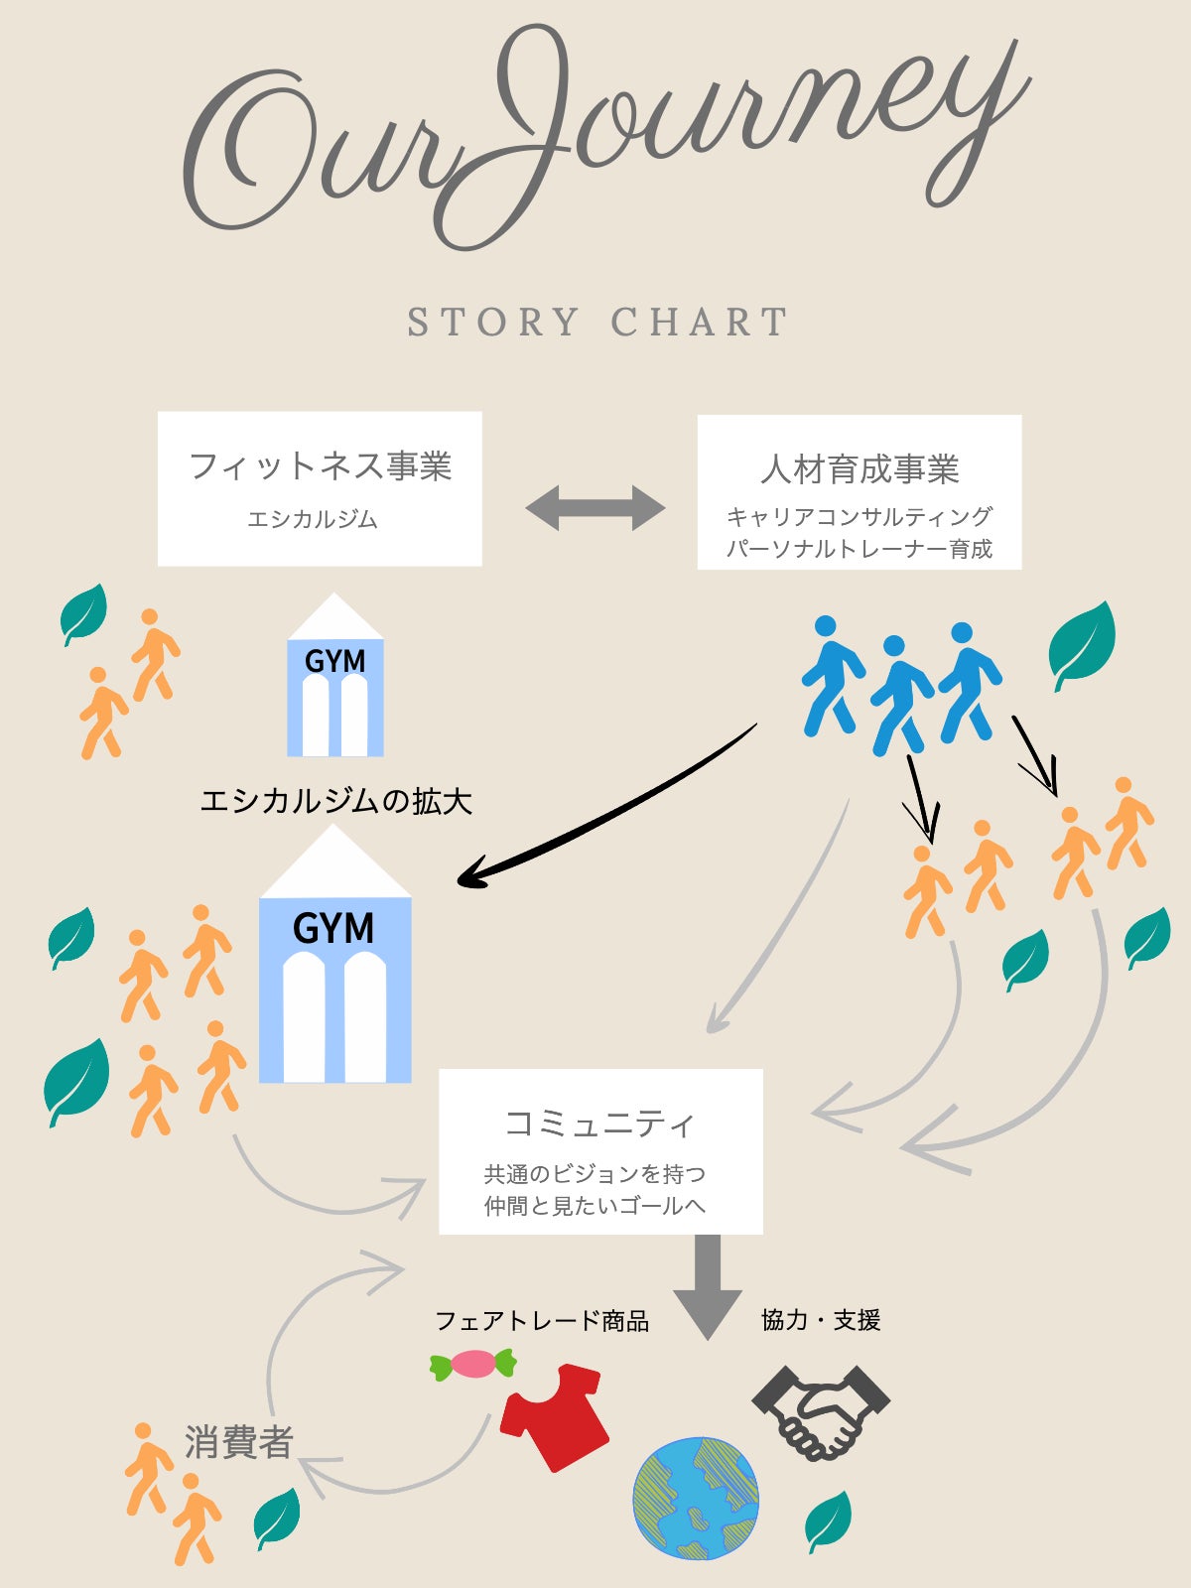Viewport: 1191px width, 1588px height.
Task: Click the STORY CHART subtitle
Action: coord(597,322)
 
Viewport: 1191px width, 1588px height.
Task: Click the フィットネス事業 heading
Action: coord(321,465)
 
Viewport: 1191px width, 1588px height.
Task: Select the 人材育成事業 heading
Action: coord(860,468)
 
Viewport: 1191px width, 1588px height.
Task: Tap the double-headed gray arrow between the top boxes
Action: coord(595,508)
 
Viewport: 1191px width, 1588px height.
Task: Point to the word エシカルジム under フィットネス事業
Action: coord(313,519)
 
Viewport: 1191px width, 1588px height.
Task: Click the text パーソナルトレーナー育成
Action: coord(860,549)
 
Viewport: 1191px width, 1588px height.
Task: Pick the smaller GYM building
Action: coord(334,674)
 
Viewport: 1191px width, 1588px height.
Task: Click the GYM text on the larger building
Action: coord(333,928)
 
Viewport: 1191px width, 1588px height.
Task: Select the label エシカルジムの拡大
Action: coord(336,802)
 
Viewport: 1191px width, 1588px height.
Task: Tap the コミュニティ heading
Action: coord(600,1124)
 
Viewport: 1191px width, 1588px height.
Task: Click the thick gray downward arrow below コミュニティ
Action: coord(708,1287)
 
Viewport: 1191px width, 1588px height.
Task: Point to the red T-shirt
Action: coord(555,1417)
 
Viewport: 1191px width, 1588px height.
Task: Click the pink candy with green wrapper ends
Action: coord(473,1364)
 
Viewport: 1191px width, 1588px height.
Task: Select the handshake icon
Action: coord(822,1412)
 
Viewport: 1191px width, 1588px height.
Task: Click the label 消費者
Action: coord(238,1442)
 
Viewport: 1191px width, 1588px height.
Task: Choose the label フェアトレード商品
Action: coord(542,1321)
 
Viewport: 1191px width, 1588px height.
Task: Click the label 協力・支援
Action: coord(821,1320)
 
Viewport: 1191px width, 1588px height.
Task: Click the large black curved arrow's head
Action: coord(473,873)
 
